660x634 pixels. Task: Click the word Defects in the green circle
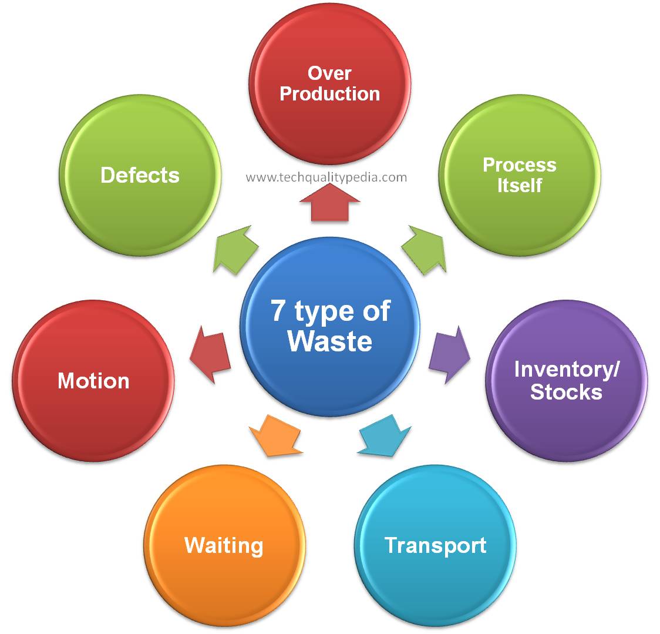pos(140,175)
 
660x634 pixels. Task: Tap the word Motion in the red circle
pos(93,381)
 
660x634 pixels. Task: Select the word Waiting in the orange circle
pos(224,545)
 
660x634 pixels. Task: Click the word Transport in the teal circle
pos(436,545)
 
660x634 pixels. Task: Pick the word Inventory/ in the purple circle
pos(567,370)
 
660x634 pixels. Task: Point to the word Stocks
pos(566,392)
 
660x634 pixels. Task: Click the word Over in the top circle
pos(329,73)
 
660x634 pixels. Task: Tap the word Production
pos(329,94)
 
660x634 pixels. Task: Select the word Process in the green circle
pos(519,165)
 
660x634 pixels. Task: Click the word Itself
pos(519,186)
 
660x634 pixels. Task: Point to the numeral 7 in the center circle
pos(278,310)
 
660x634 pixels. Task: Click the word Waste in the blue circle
pos(330,341)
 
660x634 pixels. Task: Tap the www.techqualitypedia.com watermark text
pos(326,177)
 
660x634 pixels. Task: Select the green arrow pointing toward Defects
pos(235,249)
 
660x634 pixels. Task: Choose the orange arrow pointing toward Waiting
pos(274,435)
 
